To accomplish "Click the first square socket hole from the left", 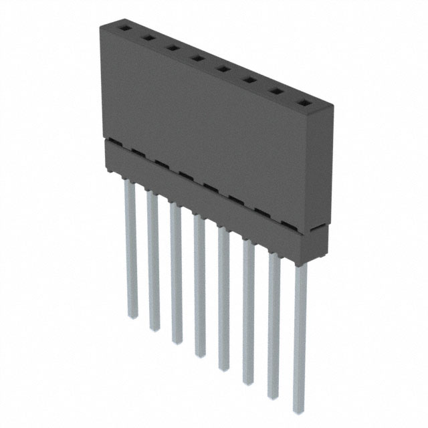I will point(124,29).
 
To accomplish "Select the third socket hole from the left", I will point(172,48).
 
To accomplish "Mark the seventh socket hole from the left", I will point(275,92).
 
